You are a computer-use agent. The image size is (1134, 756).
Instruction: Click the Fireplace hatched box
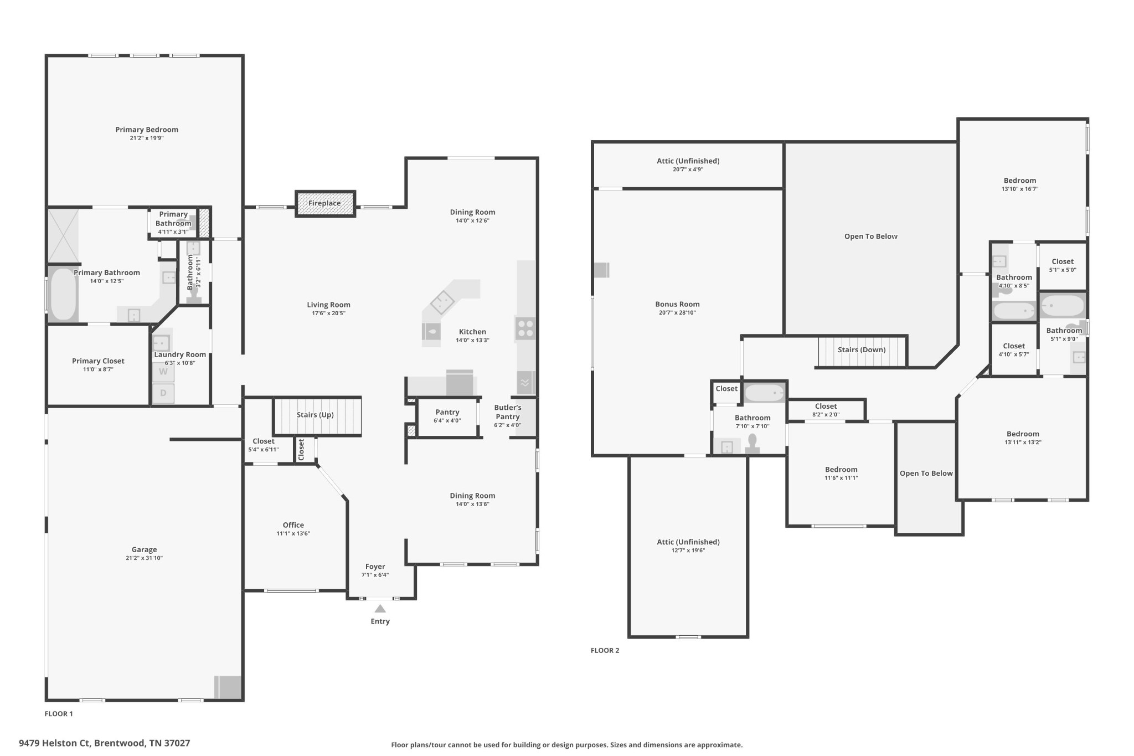[x=325, y=203]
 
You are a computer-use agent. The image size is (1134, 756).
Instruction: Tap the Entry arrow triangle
[x=380, y=609]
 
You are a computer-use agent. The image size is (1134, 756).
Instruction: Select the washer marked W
[x=163, y=372]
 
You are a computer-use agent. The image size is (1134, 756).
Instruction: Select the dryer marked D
[x=163, y=393]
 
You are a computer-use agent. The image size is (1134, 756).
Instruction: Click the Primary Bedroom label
[x=147, y=130]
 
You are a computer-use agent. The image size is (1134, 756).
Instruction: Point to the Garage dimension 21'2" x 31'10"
[x=144, y=558]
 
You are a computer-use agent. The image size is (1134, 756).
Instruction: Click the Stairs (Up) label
[x=315, y=415]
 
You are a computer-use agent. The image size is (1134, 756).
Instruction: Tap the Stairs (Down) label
[x=862, y=350]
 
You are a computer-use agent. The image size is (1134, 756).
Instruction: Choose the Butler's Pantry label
[x=508, y=412]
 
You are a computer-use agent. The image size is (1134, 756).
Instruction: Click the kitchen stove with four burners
[x=525, y=328]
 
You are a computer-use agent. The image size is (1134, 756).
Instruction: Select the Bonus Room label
[x=677, y=304]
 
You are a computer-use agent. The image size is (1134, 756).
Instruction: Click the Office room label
[x=293, y=525]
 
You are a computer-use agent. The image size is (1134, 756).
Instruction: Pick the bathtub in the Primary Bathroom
[x=63, y=294]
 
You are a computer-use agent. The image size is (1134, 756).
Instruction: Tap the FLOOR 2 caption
[x=605, y=650]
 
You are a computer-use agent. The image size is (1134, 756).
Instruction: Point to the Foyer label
[x=375, y=567]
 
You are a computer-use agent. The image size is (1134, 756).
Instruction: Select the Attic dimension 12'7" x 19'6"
[x=688, y=551]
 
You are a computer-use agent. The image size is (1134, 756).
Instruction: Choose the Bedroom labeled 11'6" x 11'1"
[x=841, y=470]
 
